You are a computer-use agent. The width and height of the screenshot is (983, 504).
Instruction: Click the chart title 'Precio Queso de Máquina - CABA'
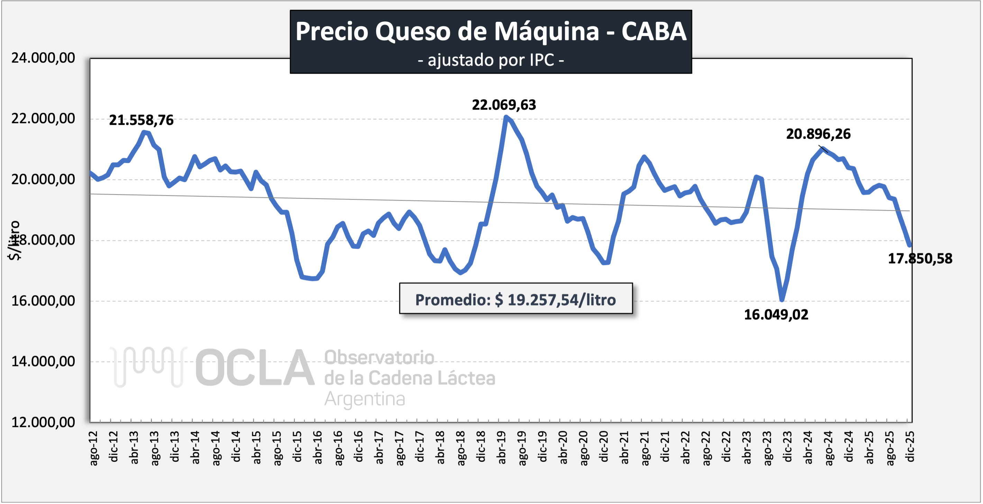(491, 31)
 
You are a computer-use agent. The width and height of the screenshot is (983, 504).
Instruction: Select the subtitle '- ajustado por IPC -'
(491, 60)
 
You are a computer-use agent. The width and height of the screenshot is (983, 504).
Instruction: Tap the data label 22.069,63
(504, 105)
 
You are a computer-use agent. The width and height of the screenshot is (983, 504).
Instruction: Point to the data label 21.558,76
(141, 120)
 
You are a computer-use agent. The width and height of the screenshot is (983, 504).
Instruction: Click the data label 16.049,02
(776, 315)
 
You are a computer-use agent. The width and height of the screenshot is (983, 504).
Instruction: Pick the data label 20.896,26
(818, 134)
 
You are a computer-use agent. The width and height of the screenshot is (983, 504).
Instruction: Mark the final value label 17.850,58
(920, 259)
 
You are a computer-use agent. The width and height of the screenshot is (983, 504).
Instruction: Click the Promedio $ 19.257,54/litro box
(516, 300)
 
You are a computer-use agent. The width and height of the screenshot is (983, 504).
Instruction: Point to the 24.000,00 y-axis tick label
(43, 58)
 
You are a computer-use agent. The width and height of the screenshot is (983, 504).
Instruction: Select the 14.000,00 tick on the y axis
(43, 361)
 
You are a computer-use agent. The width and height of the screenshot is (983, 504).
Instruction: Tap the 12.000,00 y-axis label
(43, 422)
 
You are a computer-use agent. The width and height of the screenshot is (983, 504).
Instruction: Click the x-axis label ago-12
(93, 448)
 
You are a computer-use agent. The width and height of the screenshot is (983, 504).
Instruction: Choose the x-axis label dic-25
(910, 446)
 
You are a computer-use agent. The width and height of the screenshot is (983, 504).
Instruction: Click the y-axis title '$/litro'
(14, 240)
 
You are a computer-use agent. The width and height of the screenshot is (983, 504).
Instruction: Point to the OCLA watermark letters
(255, 367)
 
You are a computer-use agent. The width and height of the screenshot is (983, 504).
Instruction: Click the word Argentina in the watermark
(364, 399)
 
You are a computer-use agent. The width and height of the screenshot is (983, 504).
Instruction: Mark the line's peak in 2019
(506, 117)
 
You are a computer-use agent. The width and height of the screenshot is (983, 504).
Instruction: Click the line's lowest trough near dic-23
(782, 300)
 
